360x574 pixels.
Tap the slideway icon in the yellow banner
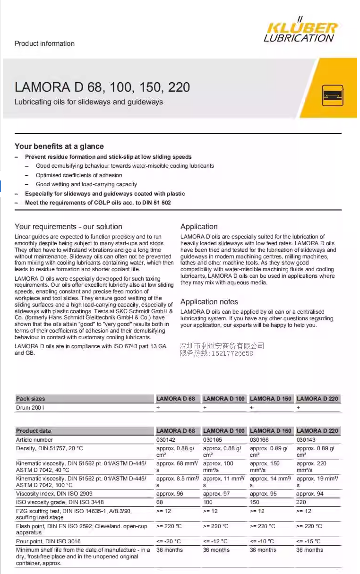pyautogui.click(x=333, y=96)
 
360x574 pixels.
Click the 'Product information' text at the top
pyautogui.click(x=44, y=43)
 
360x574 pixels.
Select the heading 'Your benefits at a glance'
pyautogui.click(x=59, y=146)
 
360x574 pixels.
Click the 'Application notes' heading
pyautogui.click(x=209, y=302)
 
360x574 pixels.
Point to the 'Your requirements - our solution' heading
pyautogui.click(x=68, y=227)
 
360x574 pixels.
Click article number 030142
pyautogui.click(x=166, y=440)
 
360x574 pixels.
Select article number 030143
pyautogui.click(x=306, y=440)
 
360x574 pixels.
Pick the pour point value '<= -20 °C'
pyautogui.click(x=168, y=541)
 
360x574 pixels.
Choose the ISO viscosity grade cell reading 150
pyautogui.click(x=255, y=502)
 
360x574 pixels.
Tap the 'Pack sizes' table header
pyautogui.click(x=31, y=399)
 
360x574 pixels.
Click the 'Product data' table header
pyautogui.click(x=34, y=431)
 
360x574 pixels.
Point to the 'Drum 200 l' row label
pyautogui.click(x=30, y=407)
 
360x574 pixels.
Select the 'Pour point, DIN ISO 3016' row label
pyautogui.click(x=48, y=541)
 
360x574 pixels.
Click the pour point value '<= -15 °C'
pyautogui.click(x=308, y=541)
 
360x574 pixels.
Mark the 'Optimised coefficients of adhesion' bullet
pyautogui.click(x=79, y=175)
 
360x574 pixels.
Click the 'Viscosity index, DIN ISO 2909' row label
pyautogui.click(x=54, y=494)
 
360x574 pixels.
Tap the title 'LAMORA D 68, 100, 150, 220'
pyautogui.click(x=102, y=87)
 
